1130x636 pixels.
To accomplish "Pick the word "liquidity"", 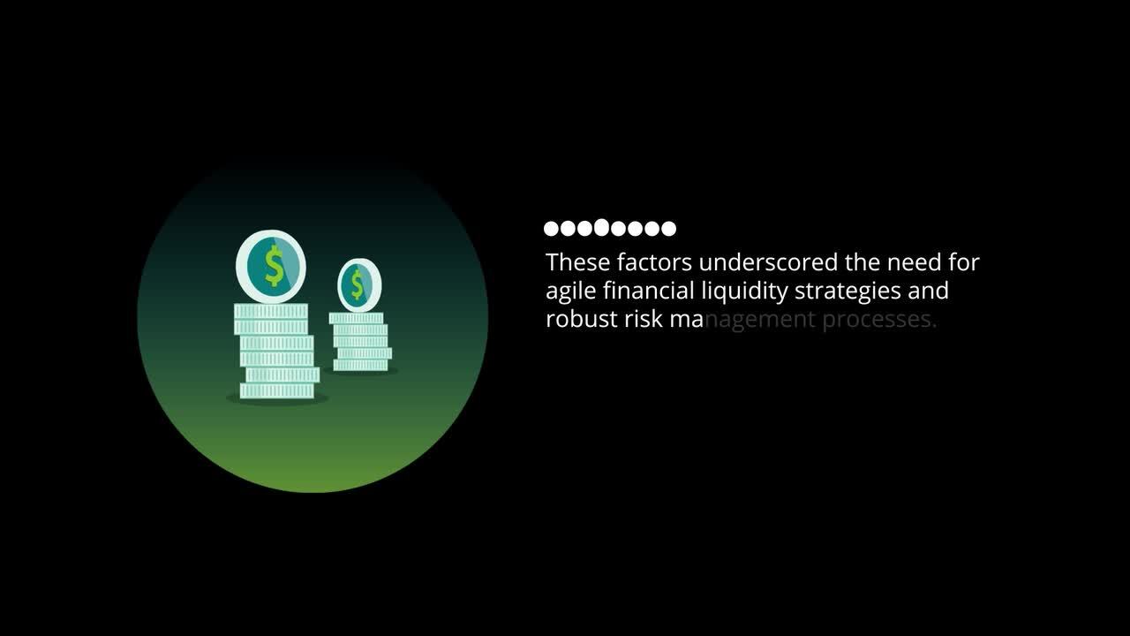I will tap(744, 291).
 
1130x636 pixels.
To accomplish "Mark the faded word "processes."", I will tap(879, 320).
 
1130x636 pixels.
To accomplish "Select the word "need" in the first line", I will tap(914, 262).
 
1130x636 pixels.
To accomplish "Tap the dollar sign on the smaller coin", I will tap(358, 284).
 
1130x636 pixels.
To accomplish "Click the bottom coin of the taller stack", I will tap(277, 390).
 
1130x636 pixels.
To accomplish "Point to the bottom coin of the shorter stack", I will tap(360, 365).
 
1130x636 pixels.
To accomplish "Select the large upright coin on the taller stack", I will tap(271, 266).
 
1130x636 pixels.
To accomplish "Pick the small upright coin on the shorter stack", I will tap(359, 284).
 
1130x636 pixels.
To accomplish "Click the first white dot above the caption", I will tap(551, 229).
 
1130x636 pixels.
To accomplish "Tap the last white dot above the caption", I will tap(668, 229).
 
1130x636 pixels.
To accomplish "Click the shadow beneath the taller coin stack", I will tap(277, 400).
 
